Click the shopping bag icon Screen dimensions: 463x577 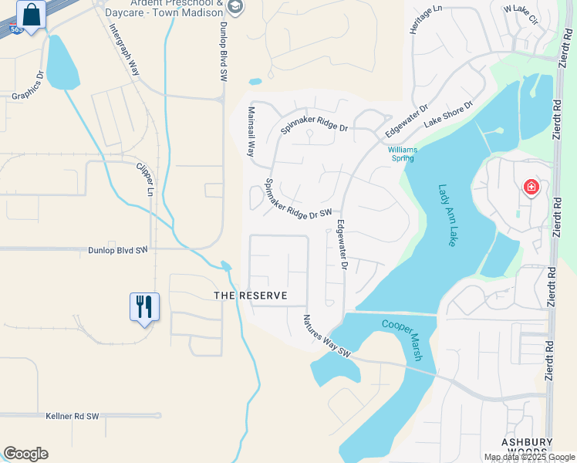tap(31, 15)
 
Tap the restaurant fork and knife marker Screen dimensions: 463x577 tap(144, 306)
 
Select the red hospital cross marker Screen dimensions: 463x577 tap(531, 187)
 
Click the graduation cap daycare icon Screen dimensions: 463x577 tap(236, 8)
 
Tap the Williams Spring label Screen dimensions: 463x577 tap(401, 154)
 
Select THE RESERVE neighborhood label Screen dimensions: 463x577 tap(250, 296)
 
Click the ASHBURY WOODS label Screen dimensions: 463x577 tap(527, 447)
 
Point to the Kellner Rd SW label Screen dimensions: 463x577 tap(73, 416)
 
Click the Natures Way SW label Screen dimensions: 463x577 tap(327, 336)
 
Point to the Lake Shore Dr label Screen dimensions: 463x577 tap(448, 114)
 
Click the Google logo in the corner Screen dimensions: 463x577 tap(25, 454)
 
